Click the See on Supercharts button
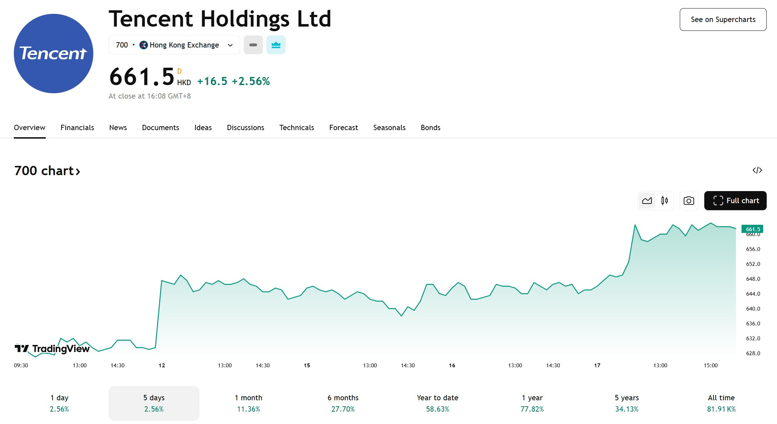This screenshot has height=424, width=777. pos(723,19)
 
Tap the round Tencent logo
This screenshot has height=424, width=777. pos(54,54)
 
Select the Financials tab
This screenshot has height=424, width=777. pos(77,128)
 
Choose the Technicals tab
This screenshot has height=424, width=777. pos(297,128)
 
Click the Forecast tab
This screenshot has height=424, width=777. pos(343,128)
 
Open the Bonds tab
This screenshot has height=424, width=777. pos(430,128)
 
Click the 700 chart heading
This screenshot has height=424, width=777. pos(47,171)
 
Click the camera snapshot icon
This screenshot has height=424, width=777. pos(689,201)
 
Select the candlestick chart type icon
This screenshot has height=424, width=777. pos(665,201)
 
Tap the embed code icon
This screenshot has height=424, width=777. pos(757,170)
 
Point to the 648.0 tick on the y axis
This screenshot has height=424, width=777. pos(753,279)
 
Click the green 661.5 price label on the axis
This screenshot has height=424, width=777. pos(752,229)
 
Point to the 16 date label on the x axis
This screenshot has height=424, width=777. pos(452,366)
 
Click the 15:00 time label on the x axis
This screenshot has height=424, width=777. pos(711,366)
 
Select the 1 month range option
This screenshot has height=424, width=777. pos(248,403)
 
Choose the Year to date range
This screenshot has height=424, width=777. pos(437,403)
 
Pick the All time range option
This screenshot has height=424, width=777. pos(721,403)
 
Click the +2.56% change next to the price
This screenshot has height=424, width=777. pos(251,82)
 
